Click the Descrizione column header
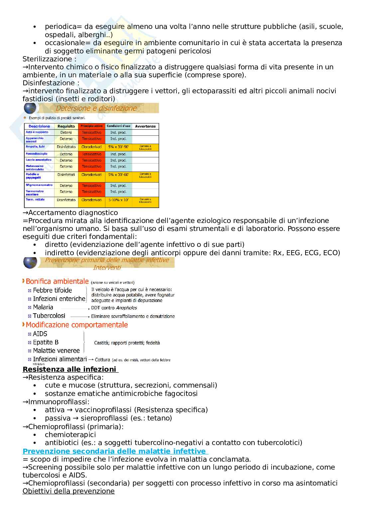[x=39, y=126]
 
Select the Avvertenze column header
[x=145, y=126]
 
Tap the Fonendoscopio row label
[x=37, y=154]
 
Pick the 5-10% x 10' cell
[x=118, y=200]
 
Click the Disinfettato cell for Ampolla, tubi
[x=66, y=147]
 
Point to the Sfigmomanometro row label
[x=39, y=185]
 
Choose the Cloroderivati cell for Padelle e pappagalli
[x=92, y=175]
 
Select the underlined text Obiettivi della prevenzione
[x=68, y=491]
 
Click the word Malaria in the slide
[x=43, y=307]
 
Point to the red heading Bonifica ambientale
[x=57, y=281]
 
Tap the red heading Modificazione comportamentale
[x=76, y=325]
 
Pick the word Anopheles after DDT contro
[x=126, y=308]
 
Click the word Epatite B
[x=46, y=342]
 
